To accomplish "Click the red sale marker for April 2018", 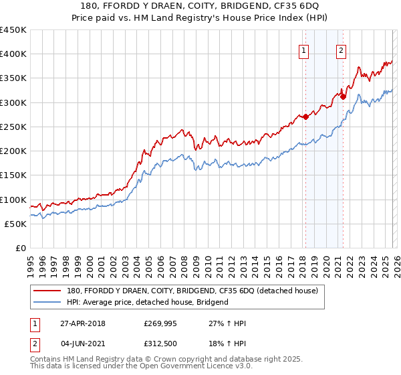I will point(305,117).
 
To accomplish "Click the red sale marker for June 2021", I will point(343,96).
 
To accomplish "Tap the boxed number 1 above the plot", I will point(304,50).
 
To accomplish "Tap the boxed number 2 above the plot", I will point(341,50).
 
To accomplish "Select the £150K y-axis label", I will point(13,175).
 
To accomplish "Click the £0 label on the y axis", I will point(20,248).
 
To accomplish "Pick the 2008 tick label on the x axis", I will point(183,264).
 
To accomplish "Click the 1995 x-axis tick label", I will point(30,264).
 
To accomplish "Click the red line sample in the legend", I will point(48,291).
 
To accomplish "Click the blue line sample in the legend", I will point(48,302).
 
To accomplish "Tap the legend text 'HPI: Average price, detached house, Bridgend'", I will point(148,302).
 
